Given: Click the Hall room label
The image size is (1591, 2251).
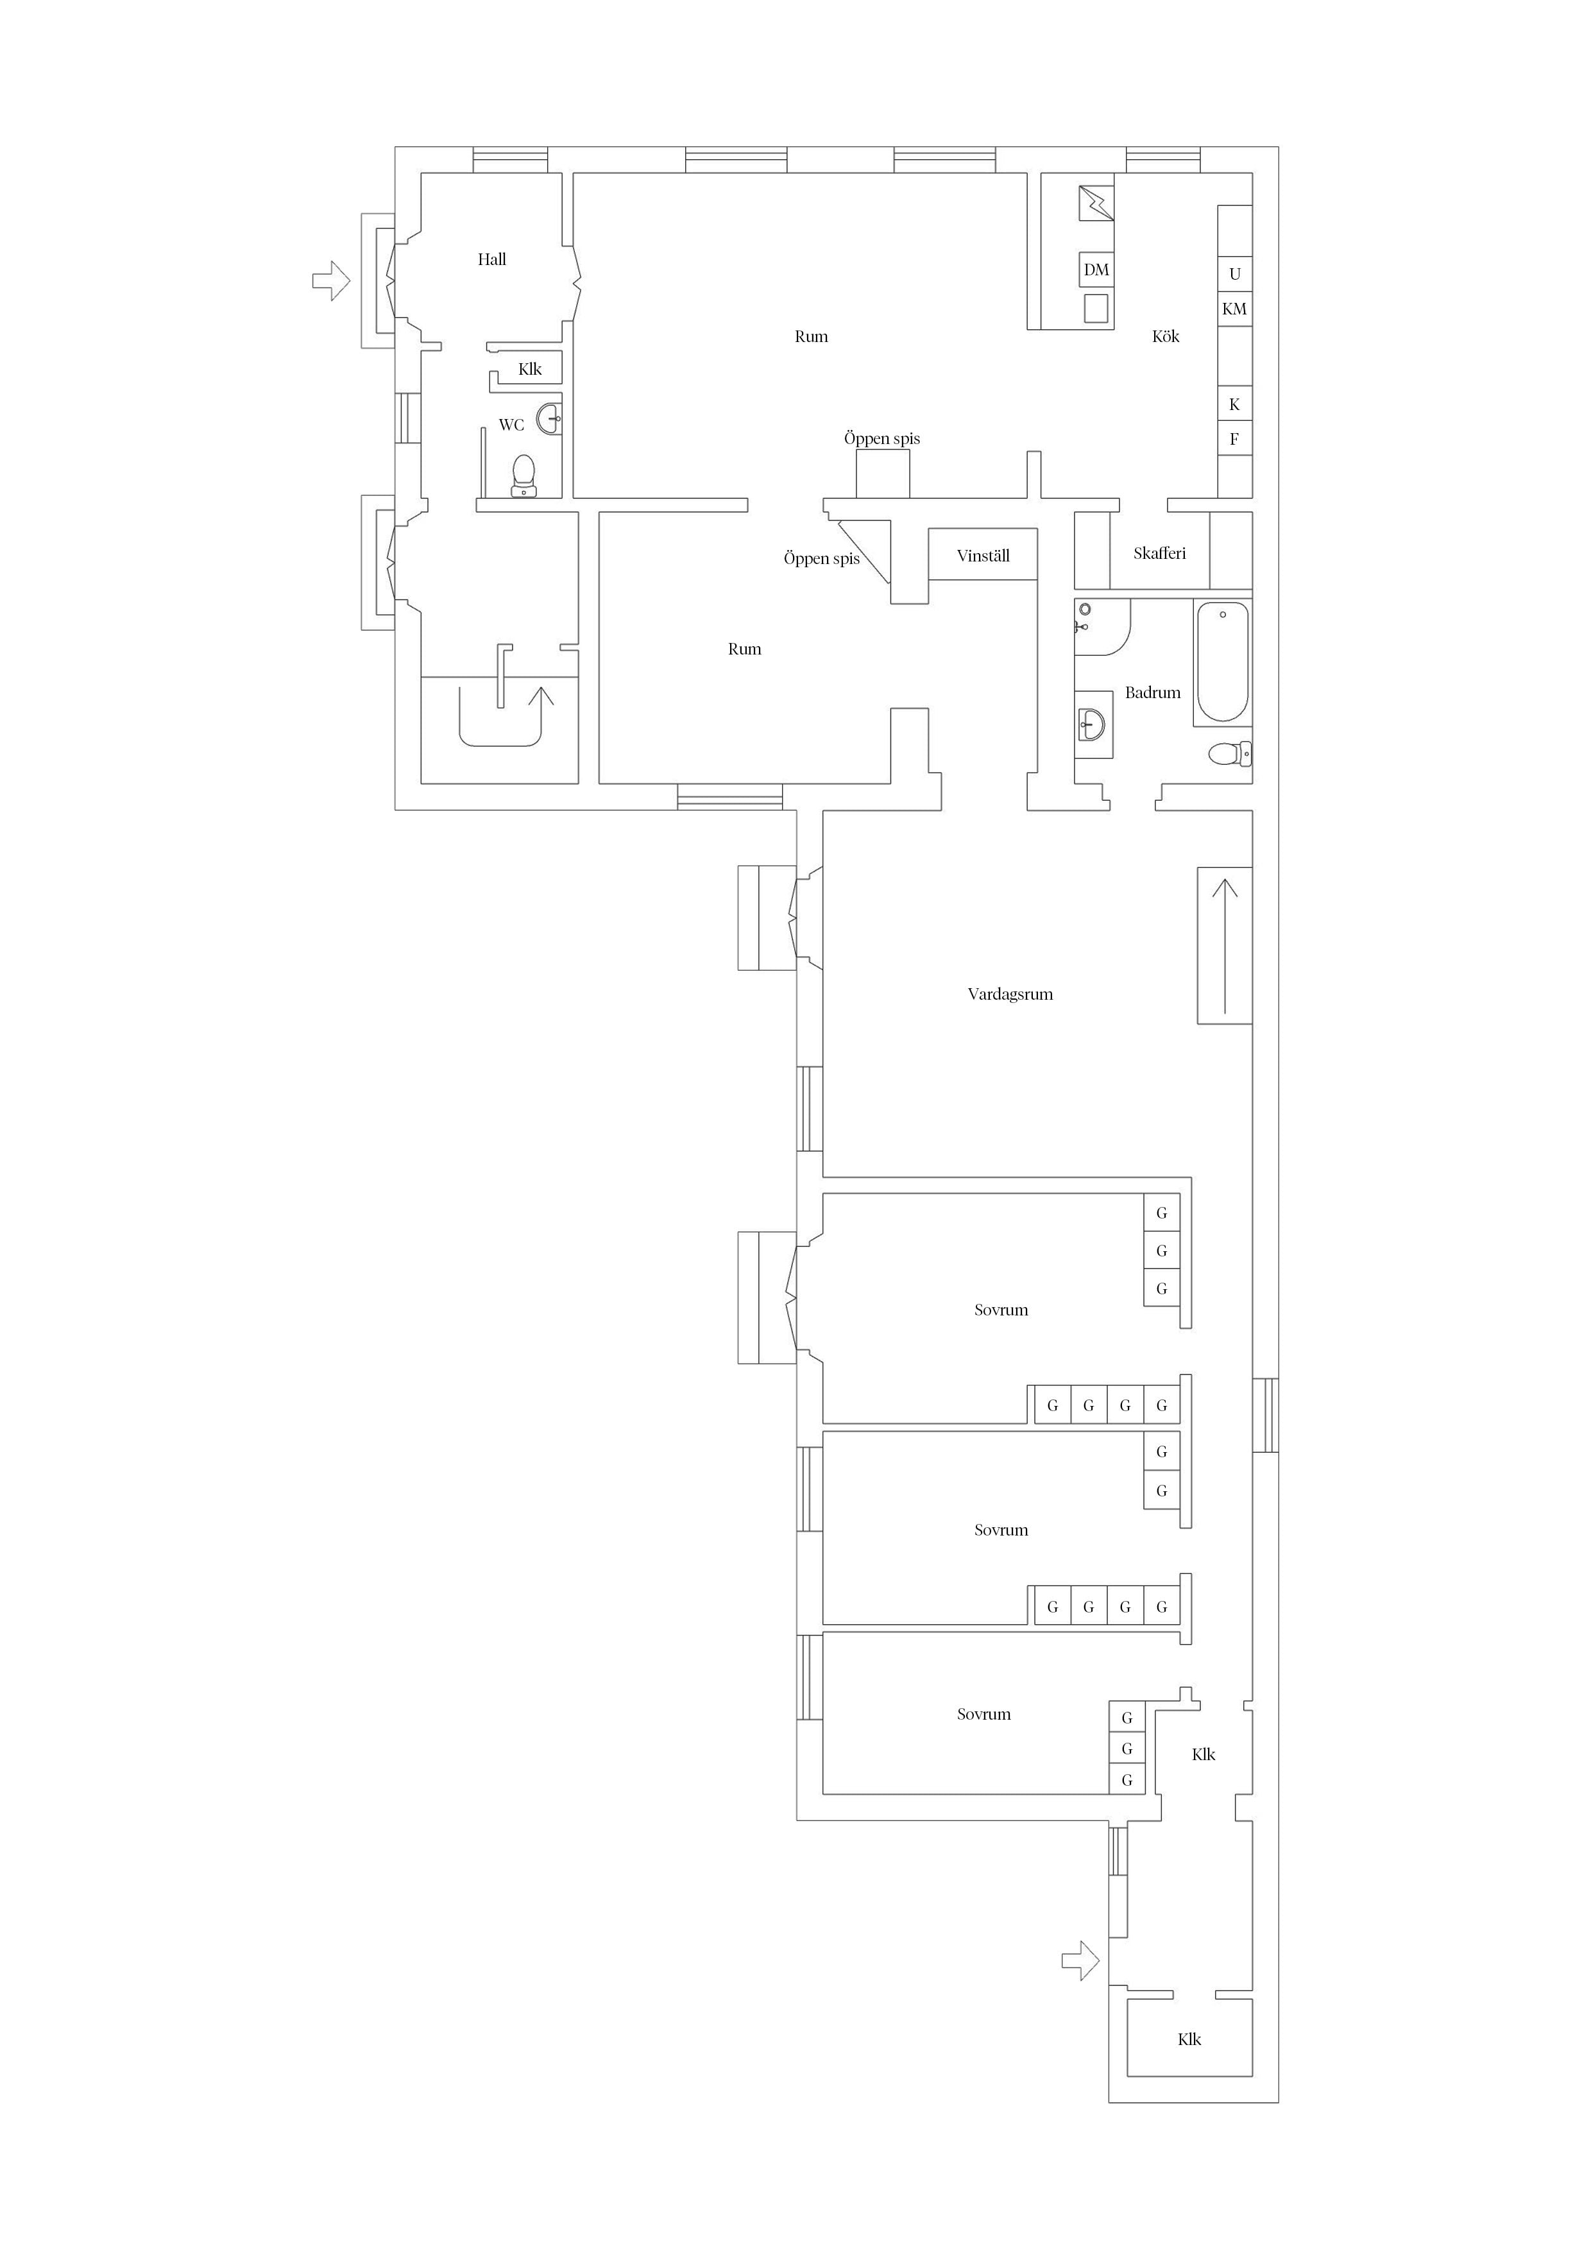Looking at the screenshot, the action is click(x=492, y=260).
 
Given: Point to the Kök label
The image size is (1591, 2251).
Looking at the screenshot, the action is click(x=1166, y=336).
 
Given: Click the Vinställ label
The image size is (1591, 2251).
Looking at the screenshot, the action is click(x=983, y=556).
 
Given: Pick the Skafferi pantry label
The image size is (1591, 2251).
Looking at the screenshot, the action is click(x=1160, y=554).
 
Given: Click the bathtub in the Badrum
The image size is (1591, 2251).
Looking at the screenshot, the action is click(x=1222, y=663).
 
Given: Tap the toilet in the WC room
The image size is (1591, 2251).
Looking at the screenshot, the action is click(x=524, y=477).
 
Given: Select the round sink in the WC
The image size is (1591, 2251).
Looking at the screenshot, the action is click(x=550, y=418).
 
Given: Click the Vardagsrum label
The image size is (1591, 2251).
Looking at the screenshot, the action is click(x=1010, y=994).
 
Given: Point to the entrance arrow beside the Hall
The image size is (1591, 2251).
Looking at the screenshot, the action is click(x=331, y=280).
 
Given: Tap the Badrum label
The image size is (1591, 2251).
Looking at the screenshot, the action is click(x=1153, y=693).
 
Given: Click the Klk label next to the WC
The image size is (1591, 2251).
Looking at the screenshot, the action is click(x=531, y=370).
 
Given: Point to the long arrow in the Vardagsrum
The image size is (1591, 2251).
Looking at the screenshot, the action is click(x=1225, y=946).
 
